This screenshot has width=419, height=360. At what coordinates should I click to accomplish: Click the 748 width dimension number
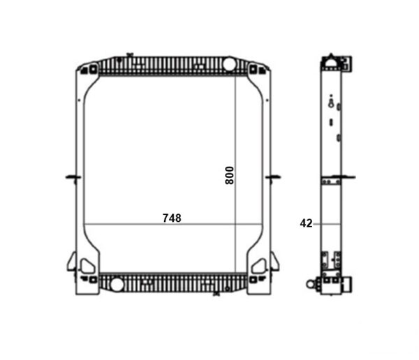[172, 218]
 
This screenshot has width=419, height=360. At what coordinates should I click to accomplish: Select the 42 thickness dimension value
[305, 223]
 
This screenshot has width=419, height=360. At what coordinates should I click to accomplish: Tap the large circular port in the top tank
[229, 66]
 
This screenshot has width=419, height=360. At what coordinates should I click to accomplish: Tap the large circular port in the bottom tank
[116, 285]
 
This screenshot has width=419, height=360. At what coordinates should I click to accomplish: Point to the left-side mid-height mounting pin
[71, 177]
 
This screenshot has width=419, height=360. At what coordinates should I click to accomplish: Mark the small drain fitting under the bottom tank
[215, 294]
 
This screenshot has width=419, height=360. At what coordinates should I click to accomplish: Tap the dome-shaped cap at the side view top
[332, 61]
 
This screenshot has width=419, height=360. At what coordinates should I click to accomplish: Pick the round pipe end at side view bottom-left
[314, 285]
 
